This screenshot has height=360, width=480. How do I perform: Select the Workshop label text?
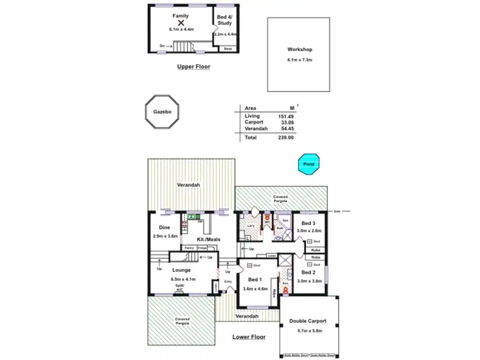click(x=299, y=49)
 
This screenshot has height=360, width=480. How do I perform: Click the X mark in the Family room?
click(x=180, y=22)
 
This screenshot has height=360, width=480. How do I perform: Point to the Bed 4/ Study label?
click(x=224, y=20)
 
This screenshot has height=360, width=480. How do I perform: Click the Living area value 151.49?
click(x=285, y=116)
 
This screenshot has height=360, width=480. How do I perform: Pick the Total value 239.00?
click(x=285, y=137)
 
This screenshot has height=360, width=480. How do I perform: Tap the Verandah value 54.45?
click(x=285, y=129)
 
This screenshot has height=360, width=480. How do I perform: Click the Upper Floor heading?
click(x=193, y=67)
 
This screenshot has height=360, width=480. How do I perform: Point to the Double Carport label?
click(x=307, y=321)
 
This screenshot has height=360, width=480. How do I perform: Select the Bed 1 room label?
click(x=254, y=279)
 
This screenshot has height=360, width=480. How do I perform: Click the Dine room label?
click(x=164, y=228)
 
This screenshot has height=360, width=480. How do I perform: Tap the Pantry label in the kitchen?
click(x=189, y=248)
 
